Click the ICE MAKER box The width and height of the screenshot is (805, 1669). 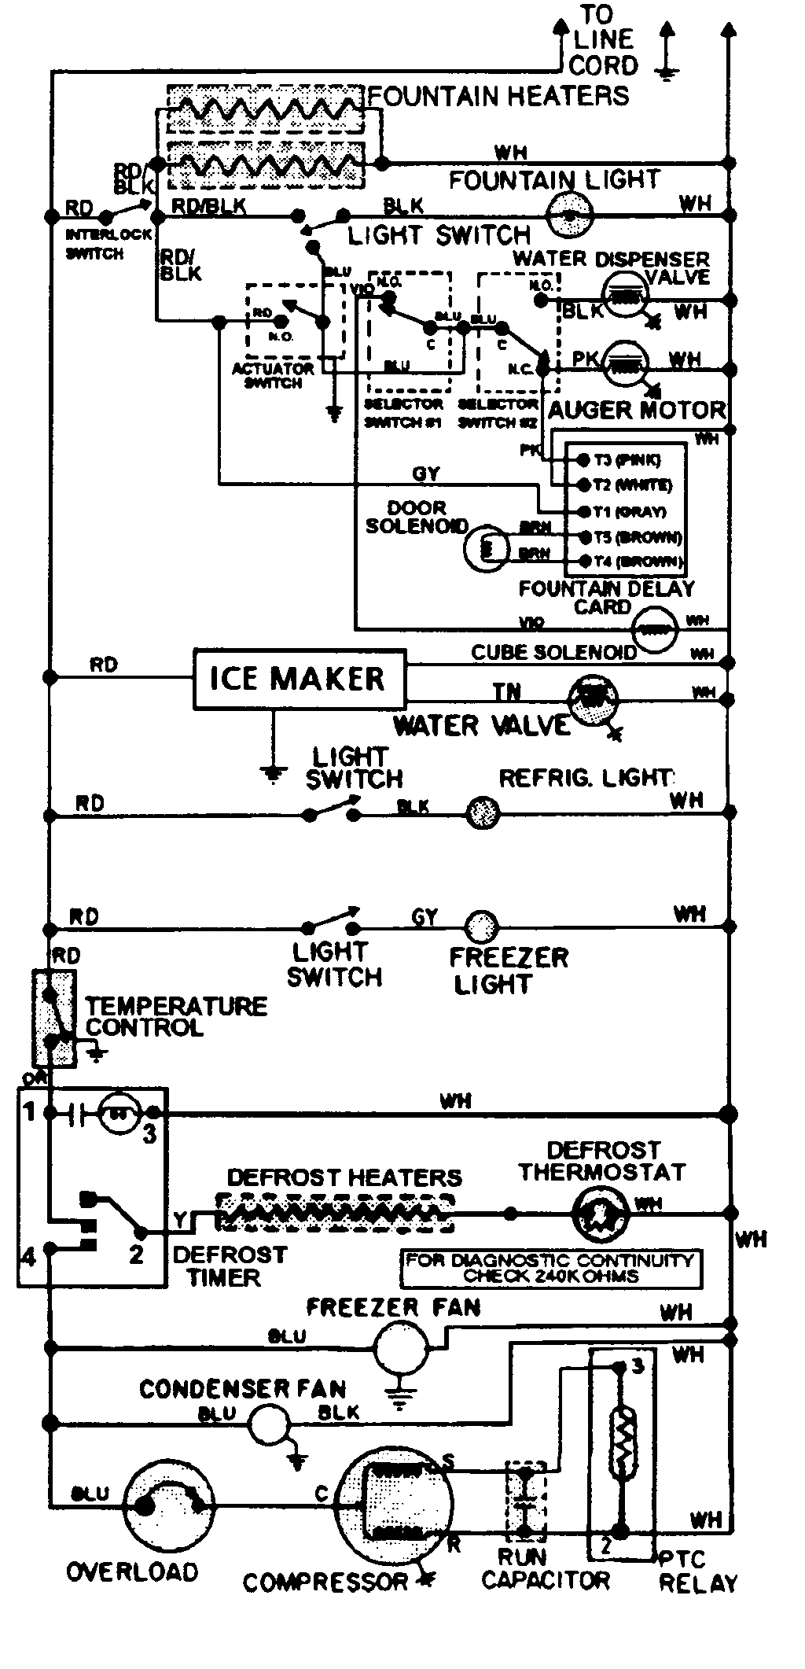[300, 679]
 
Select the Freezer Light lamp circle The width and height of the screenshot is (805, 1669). [479, 927]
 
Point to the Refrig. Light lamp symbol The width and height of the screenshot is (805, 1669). [483, 811]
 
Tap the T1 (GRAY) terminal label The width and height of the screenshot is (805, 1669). [633, 512]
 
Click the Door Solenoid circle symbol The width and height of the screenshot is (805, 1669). [483, 547]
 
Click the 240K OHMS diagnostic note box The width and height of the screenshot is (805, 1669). [550, 1268]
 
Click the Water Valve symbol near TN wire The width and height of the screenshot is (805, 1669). [594, 698]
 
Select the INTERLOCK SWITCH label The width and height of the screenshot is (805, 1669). [94, 244]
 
